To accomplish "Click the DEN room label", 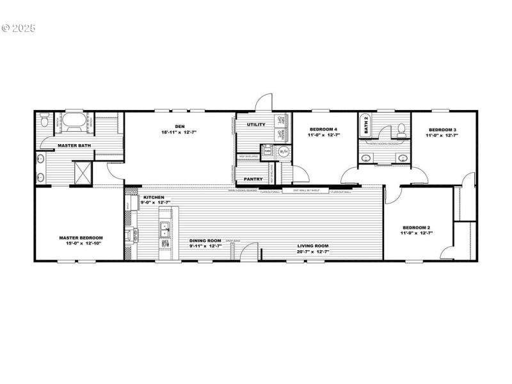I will click(179, 126).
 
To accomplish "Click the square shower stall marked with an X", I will click(83, 172).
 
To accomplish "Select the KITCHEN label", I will click(154, 197).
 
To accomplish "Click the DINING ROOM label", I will click(205, 241).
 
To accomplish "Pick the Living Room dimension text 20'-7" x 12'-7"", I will click(313, 252).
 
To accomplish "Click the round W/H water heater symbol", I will click(284, 152).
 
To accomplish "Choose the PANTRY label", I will click(253, 179).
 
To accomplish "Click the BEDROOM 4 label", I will click(323, 129).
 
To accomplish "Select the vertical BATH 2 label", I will click(366, 123).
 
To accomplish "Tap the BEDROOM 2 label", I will click(417, 228).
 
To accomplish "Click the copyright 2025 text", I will click(19, 28).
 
